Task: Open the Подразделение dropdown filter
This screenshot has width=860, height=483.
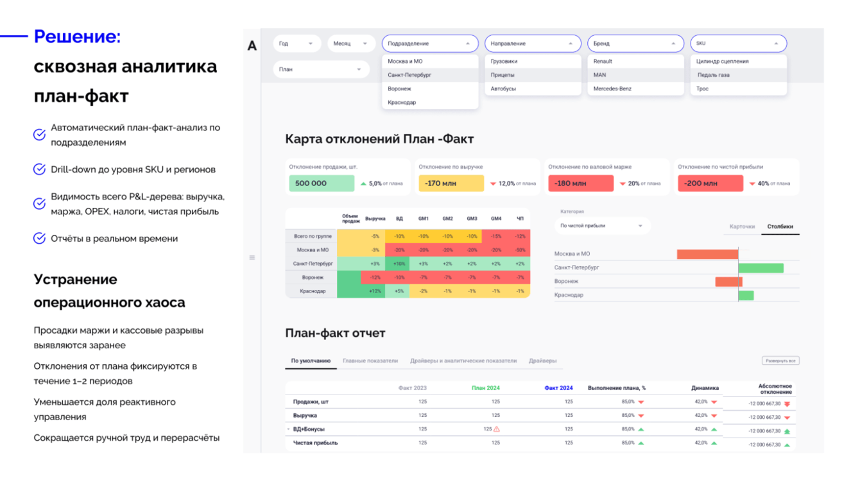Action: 429,44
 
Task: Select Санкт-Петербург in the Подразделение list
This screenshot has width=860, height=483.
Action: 409,75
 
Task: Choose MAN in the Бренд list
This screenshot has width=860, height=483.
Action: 599,75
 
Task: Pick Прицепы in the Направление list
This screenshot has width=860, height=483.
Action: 503,75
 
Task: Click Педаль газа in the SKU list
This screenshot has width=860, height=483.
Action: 713,75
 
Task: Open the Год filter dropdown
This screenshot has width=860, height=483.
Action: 297,44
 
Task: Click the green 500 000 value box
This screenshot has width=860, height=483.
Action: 322,183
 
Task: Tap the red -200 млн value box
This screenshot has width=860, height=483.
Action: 710,183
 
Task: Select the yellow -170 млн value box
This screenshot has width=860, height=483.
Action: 451,183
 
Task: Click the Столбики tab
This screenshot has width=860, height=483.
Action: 780,226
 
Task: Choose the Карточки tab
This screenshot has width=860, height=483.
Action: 742,226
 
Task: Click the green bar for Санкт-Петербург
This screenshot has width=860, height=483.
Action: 761,267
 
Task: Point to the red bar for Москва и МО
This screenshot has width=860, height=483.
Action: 707,254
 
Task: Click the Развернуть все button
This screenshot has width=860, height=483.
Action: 780,361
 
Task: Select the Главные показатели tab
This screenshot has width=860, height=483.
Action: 370,361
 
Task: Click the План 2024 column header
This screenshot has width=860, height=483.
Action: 485,388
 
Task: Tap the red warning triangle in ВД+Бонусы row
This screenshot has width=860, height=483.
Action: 496,429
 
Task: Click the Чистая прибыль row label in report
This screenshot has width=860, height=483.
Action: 315,443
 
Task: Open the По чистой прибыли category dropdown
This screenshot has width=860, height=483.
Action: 601,226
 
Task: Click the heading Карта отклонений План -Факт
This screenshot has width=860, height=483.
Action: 379,139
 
